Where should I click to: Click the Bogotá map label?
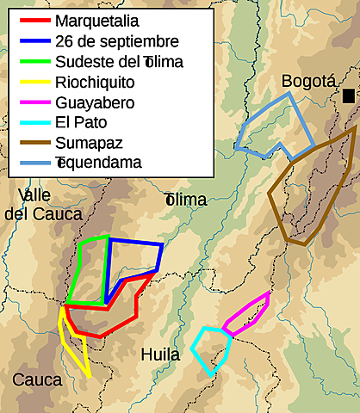[x=307, y=82]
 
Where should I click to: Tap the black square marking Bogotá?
[x=348, y=96]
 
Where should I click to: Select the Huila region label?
[x=161, y=354]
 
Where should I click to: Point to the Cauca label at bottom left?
[x=36, y=379]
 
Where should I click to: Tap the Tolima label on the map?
[x=186, y=200]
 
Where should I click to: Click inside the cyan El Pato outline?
[x=212, y=348]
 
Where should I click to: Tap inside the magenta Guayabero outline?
[x=248, y=315]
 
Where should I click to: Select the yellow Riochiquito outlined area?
[x=73, y=344]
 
